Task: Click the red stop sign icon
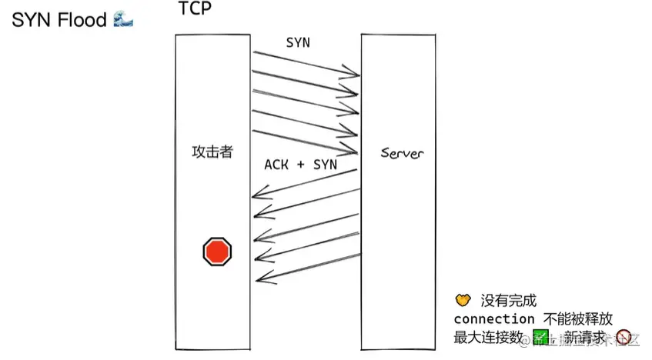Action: pos(217,252)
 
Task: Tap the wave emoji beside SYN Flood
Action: pos(122,19)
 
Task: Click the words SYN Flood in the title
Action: pos(59,20)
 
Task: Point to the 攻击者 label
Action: pos(212,152)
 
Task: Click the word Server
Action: pos(402,153)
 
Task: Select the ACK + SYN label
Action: pos(301,164)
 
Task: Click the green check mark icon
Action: pos(540,336)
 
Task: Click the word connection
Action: pos(493,318)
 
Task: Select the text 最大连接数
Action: pos(488,337)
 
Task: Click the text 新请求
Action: pos(588,337)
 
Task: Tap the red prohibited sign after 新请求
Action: pos(624,337)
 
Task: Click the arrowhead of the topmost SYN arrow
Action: pos(356,75)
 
